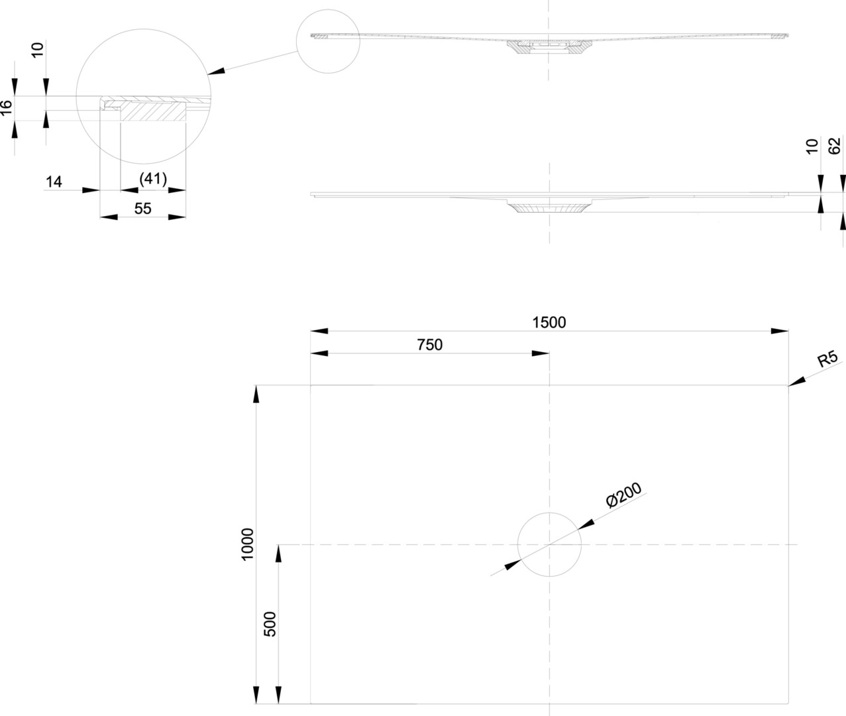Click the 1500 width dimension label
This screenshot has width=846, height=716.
click(x=549, y=322)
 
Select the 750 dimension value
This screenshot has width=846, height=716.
click(x=429, y=345)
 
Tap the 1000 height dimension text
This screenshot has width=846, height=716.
click(x=248, y=544)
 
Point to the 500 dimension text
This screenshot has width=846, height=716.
click(x=270, y=624)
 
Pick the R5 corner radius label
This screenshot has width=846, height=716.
click(x=827, y=359)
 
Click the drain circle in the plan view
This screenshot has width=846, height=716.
click(x=549, y=544)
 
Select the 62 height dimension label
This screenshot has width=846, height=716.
click(x=835, y=146)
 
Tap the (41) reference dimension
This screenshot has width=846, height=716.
click(x=153, y=179)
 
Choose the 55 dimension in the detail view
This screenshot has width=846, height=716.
click(x=142, y=209)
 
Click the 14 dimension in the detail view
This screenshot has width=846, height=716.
click(x=54, y=181)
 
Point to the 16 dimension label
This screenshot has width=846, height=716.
click(x=7, y=108)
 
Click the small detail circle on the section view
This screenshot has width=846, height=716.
click(x=327, y=40)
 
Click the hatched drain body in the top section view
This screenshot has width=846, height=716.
click(x=549, y=47)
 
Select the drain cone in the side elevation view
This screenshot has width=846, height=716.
click(x=549, y=208)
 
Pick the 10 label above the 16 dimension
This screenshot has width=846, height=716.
click(x=38, y=48)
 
